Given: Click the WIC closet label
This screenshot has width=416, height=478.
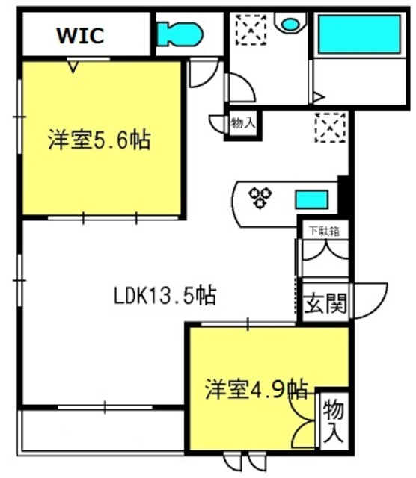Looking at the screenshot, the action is [81, 35].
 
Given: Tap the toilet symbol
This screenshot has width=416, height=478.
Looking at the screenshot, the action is [180, 34].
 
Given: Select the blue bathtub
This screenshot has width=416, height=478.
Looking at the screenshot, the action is [359, 34].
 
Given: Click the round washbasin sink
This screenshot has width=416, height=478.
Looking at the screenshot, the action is [290, 24].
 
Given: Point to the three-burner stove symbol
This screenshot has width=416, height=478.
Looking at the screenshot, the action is [260, 197].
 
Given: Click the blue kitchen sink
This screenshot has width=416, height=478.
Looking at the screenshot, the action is [311, 199].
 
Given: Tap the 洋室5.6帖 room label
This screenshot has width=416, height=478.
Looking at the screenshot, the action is [99, 140].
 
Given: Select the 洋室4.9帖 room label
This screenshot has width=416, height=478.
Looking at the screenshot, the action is [256, 389].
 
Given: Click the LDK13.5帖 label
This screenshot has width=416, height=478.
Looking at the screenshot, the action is [165, 295].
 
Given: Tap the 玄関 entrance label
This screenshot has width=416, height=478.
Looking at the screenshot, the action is [326, 303].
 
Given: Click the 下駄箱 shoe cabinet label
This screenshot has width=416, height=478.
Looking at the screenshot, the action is [324, 231].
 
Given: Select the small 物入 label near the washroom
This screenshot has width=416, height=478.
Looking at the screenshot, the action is [243, 122].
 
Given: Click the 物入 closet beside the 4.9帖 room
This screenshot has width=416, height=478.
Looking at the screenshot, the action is [333, 421].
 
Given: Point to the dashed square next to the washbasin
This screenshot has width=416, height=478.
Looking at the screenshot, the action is [251, 30].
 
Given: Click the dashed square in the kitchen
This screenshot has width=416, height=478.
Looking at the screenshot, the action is [331, 128].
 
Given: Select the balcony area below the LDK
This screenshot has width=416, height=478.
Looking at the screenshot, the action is [103, 430].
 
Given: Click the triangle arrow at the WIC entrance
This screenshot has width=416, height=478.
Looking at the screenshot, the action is [73, 66].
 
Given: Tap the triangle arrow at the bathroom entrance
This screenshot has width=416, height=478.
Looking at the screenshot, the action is [319, 98].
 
